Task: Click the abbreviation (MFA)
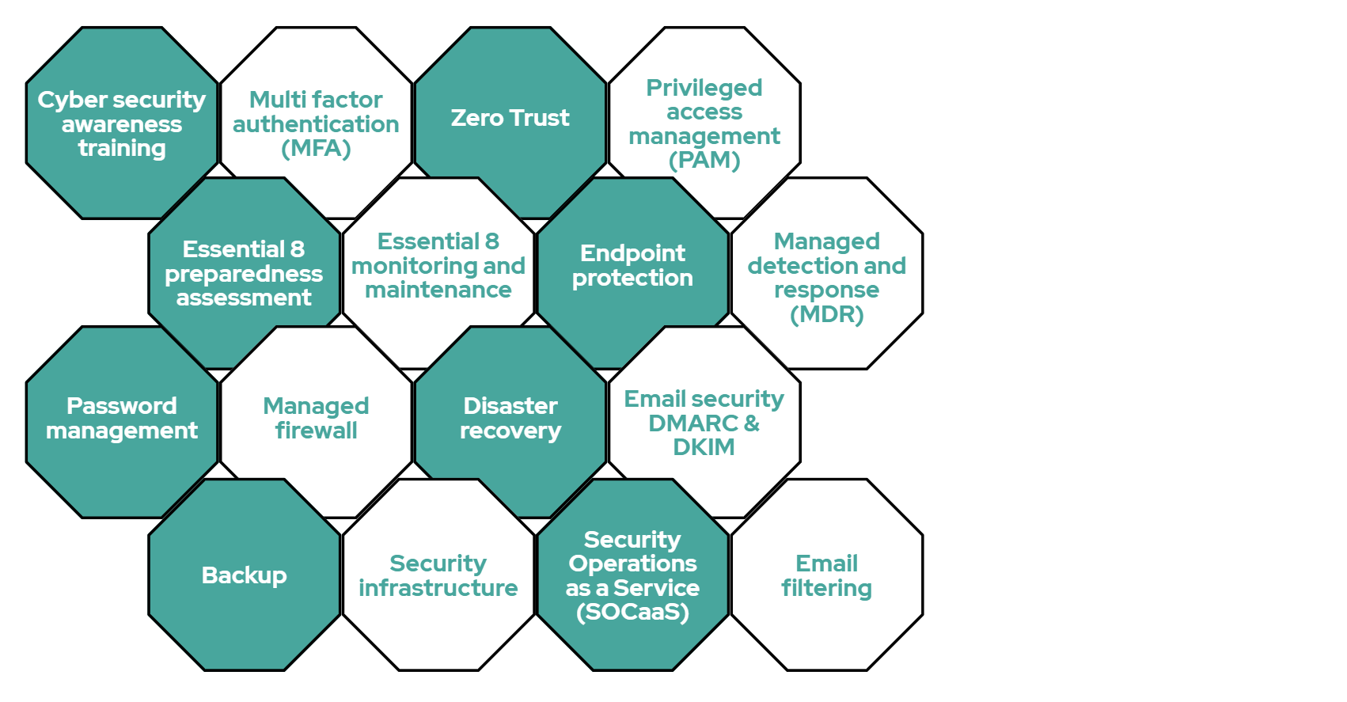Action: [316, 148]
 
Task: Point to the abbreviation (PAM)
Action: [704, 160]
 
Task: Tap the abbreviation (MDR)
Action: [827, 314]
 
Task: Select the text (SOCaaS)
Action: [632, 612]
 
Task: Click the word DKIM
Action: [704, 447]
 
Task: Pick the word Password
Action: [122, 406]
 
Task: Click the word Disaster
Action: [510, 406]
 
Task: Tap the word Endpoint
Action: [632, 253]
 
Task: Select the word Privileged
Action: [704, 88]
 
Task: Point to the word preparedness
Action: [244, 274]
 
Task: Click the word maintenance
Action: [438, 290]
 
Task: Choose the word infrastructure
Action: [438, 588]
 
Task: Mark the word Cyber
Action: [62, 101]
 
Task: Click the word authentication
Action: [316, 124]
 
